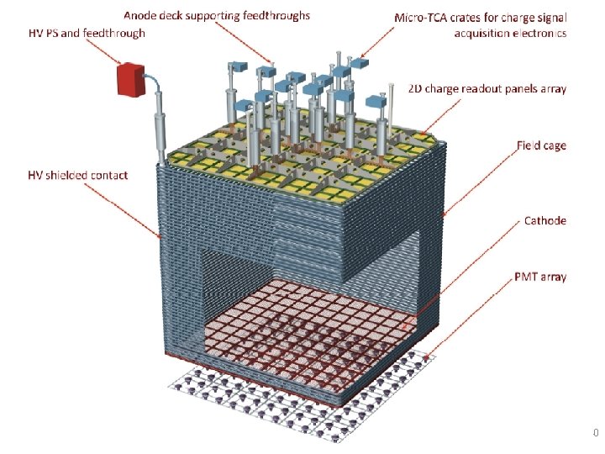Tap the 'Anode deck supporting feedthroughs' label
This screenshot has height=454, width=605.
[217, 14]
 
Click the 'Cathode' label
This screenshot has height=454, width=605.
[545, 220]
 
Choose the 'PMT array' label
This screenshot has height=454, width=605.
[540, 277]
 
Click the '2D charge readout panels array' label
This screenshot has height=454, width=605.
[487, 88]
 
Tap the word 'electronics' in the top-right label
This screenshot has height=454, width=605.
[539, 34]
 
